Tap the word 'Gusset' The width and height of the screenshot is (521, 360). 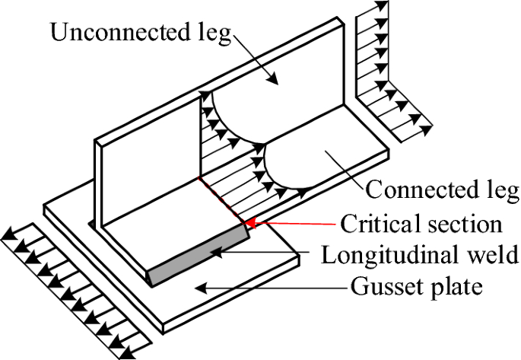pyautogui.click(x=386, y=287)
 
